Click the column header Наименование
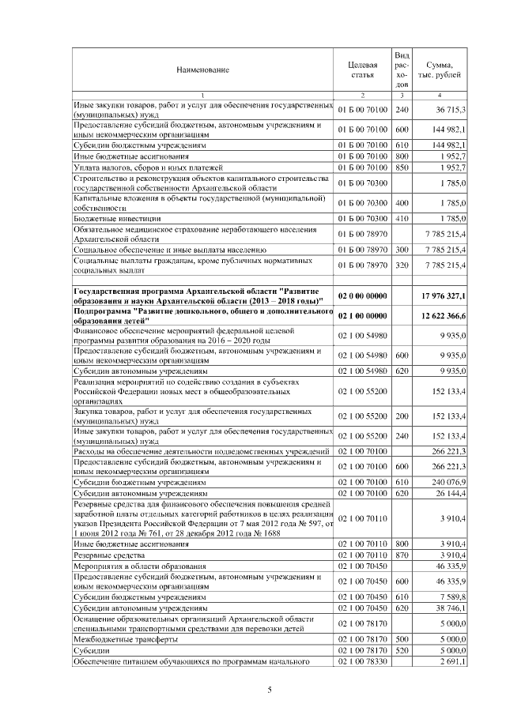pyautogui.click(x=203, y=70)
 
